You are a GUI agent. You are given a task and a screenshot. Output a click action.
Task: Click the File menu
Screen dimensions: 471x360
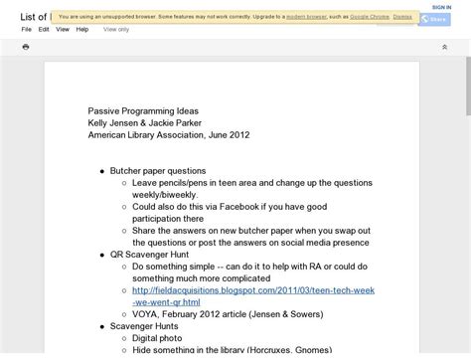click(27, 29)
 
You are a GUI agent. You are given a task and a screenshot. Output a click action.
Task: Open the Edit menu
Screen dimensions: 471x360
click(44, 29)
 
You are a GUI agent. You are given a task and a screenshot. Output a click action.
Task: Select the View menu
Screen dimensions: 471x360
click(63, 29)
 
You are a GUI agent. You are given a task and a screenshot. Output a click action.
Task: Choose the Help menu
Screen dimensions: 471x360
click(82, 29)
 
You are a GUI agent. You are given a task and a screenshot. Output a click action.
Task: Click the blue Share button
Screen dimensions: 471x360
click(433, 19)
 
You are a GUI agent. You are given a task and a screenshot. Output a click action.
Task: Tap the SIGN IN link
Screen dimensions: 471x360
click(441, 6)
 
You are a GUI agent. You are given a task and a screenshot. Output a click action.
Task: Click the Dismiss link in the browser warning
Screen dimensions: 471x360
click(401, 17)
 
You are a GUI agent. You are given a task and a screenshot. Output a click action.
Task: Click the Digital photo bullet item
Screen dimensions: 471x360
click(159, 338)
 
